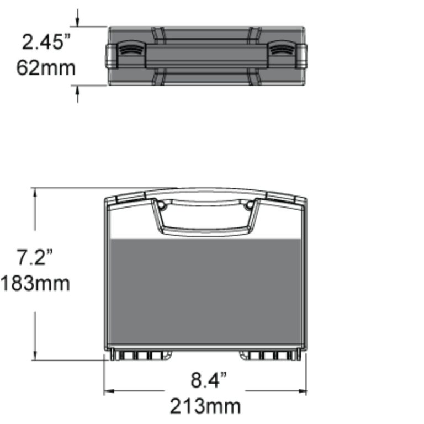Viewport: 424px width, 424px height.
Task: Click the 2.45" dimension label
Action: click(x=44, y=42)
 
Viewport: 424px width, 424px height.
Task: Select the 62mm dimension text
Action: click(x=46, y=68)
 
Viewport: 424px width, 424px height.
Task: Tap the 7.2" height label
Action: click(x=34, y=257)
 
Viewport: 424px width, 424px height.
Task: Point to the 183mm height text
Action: click(x=35, y=283)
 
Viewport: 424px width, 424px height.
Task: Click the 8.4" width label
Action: click(x=209, y=380)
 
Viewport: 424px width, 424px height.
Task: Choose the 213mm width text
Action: click(x=205, y=406)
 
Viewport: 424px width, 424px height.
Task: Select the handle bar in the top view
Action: click(x=205, y=55)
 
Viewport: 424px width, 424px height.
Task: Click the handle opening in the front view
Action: click(x=205, y=218)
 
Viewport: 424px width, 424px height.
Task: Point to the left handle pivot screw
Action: click(x=161, y=205)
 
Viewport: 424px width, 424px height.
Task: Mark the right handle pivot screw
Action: click(x=250, y=205)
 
